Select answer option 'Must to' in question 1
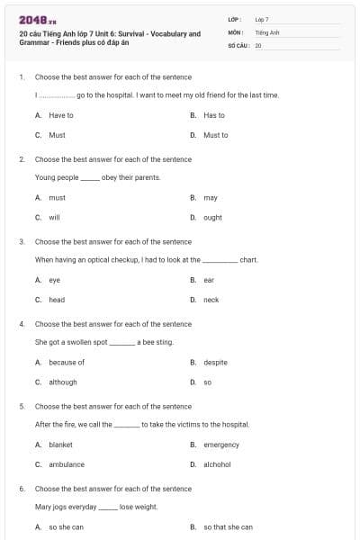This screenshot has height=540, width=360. [x=215, y=135]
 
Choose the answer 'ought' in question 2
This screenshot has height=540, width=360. [x=212, y=217]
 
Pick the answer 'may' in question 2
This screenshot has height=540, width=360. [x=210, y=197]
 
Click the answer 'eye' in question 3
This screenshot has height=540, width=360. [x=54, y=280]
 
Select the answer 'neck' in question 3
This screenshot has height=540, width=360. [x=211, y=300]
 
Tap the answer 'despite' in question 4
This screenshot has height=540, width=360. [x=215, y=362]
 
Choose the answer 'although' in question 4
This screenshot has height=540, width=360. [x=62, y=382]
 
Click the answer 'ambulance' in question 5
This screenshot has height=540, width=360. [x=66, y=464]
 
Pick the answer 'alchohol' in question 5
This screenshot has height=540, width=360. [x=217, y=464]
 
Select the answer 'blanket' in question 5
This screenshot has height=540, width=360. [x=60, y=445]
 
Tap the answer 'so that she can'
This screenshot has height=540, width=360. [x=227, y=526]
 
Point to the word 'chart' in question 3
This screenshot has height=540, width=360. [x=249, y=260]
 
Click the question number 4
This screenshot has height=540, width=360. [x=21, y=324]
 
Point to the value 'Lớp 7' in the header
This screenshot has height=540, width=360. [x=262, y=19]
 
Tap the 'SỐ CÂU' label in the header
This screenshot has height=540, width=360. [x=238, y=44]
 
